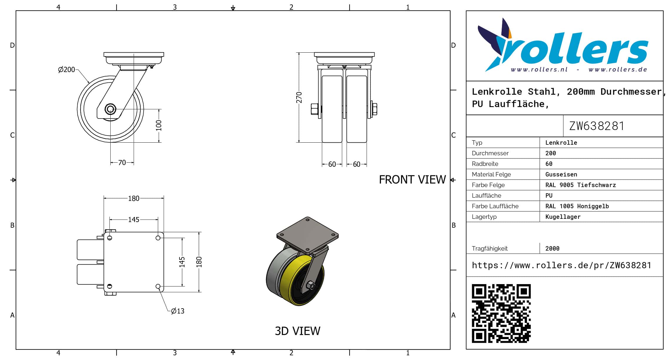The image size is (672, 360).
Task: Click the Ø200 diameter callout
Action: (x=66, y=70)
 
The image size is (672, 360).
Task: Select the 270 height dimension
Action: (x=299, y=97)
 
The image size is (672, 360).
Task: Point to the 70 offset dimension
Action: (x=122, y=163)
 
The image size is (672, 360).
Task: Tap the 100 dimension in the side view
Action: (x=159, y=125)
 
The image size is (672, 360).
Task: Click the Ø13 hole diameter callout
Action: (x=177, y=311)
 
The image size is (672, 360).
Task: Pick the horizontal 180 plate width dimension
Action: (x=134, y=199)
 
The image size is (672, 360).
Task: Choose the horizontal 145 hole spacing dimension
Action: (x=134, y=220)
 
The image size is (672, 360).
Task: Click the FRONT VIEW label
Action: (x=412, y=180)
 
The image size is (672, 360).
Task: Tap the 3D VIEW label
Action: (x=297, y=331)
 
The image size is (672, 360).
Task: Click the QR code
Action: (x=501, y=314)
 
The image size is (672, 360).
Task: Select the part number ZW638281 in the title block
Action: (x=597, y=126)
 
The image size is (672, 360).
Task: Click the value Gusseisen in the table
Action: (x=561, y=174)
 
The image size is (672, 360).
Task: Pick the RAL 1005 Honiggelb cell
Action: (x=577, y=206)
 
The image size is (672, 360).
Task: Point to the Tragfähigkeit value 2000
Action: (x=552, y=249)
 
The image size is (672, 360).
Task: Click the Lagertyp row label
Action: (x=484, y=217)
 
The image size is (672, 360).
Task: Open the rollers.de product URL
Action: (x=561, y=265)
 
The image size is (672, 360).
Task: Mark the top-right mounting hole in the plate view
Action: (x=158, y=238)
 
